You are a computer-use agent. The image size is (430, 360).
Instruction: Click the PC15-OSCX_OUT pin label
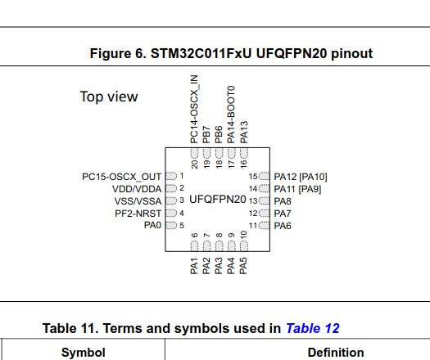[x=121, y=176]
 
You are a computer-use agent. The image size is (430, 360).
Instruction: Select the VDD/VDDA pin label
[x=137, y=188]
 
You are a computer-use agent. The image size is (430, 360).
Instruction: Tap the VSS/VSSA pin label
[x=138, y=200]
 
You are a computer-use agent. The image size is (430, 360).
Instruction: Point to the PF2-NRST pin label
[x=138, y=213]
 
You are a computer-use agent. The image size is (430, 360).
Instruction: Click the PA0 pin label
[x=152, y=225]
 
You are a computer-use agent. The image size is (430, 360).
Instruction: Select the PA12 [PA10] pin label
[x=301, y=176]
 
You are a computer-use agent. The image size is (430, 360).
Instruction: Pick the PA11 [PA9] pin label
[x=299, y=188]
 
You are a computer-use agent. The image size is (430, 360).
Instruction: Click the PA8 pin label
[x=283, y=200]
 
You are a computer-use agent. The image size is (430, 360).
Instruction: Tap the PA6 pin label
[x=283, y=225]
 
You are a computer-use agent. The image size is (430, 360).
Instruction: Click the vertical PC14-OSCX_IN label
[x=194, y=109]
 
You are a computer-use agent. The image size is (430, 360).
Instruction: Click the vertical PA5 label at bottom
[x=243, y=266]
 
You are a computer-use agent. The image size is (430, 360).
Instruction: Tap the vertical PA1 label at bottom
[x=194, y=266]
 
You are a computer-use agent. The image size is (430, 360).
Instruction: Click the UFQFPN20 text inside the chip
[x=217, y=199]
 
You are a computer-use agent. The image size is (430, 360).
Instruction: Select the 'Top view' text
[x=109, y=97]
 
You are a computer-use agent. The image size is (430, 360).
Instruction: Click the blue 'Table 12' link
[x=312, y=328]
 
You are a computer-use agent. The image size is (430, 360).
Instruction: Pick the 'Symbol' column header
[x=83, y=353]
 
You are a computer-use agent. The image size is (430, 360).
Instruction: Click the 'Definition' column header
[x=336, y=353]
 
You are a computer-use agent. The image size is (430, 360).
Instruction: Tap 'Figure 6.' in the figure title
[x=119, y=53]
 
